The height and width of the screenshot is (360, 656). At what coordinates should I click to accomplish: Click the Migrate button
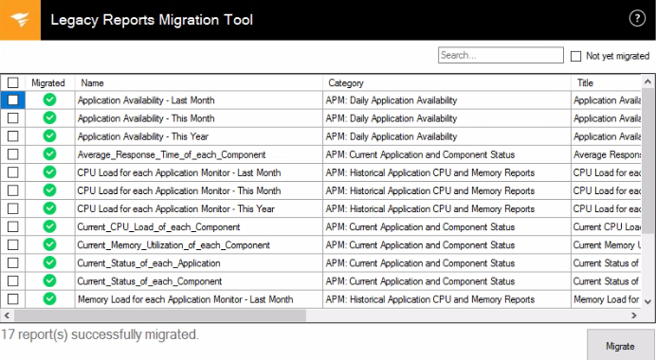[x=620, y=346]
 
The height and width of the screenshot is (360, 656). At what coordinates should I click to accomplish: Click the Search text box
[x=501, y=56]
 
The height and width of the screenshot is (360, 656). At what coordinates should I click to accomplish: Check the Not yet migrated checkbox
[x=576, y=56]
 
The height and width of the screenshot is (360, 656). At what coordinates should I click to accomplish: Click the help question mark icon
[x=637, y=19]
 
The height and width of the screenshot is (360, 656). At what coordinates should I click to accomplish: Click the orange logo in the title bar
[x=20, y=20]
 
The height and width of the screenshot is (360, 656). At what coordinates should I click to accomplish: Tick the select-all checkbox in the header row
[x=13, y=83]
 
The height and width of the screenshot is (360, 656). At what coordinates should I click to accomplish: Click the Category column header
[x=346, y=83]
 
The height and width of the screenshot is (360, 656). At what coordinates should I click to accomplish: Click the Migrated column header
[x=48, y=83]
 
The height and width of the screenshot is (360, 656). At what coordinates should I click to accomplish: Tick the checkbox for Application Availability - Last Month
[x=13, y=99]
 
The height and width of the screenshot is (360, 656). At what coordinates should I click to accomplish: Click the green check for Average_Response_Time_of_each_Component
[x=49, y=154]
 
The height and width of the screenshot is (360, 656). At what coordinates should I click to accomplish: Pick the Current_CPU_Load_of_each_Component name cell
[x=158, y=227]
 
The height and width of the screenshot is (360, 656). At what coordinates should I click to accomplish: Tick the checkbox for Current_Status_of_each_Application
[x=13, y=263]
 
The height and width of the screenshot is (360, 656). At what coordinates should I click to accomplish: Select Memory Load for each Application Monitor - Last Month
[x=185, y=299]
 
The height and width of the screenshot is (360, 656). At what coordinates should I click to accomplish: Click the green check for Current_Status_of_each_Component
[x=49, y=281]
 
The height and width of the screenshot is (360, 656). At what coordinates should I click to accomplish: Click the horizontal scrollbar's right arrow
[x=634, y=315]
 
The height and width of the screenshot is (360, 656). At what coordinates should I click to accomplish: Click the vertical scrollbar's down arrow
[x=648, y=300]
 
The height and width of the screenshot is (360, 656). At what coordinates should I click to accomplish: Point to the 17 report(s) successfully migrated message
[x=100, y=334]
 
